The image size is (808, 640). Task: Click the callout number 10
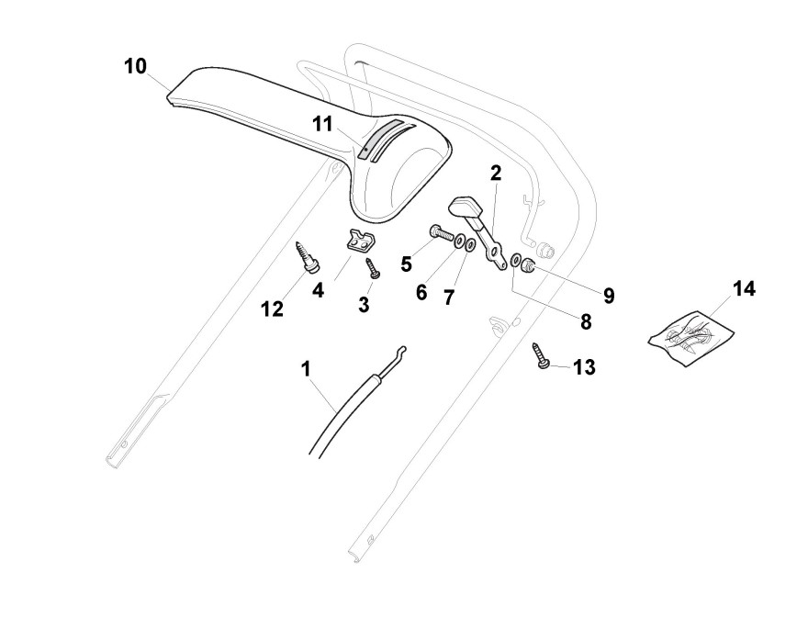coord(135,67)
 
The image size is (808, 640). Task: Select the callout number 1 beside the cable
coord(306,368)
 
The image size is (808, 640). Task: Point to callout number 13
coord(584,367)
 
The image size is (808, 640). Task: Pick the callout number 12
coord(272,309)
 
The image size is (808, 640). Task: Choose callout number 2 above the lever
coord(495,173)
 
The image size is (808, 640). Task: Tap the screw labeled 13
coord(542,354)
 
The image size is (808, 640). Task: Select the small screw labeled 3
coord(373,267)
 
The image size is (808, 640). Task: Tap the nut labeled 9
coord(530,265)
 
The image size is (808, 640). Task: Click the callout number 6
coord(421,292)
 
